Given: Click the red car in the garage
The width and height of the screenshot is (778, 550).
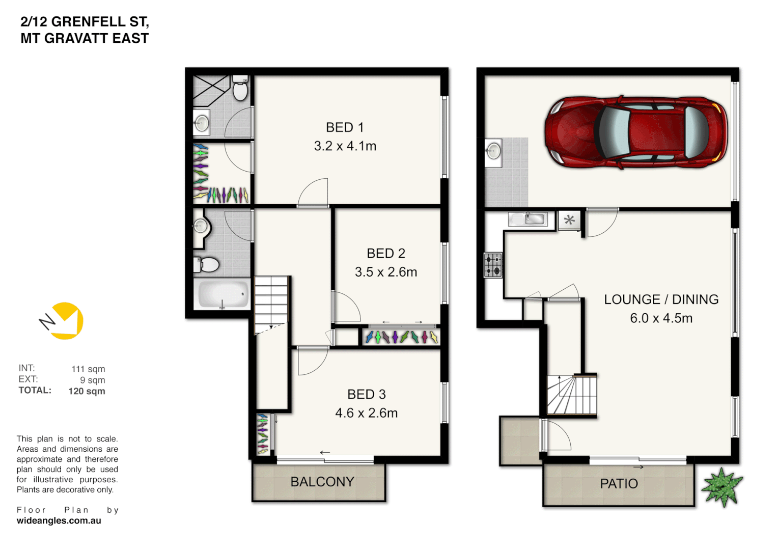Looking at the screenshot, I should (x=635, y=131).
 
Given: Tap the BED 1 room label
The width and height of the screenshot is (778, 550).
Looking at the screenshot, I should (x=345, y=127).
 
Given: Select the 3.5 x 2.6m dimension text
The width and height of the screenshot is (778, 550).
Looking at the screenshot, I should (x=385, y=272).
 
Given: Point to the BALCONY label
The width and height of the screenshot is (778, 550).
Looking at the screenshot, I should (x=322, y=482).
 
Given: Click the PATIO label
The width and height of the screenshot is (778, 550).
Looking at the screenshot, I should (x=619, y=484).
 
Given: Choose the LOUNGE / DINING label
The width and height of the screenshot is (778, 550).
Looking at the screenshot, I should (x=661, y=299).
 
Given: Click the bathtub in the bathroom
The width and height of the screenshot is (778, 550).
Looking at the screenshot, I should (x=223, y=294).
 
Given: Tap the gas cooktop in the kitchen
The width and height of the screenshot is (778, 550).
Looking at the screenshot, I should (x=492, y=265).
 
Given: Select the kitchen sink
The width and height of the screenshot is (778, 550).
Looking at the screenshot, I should (x=528, y=219).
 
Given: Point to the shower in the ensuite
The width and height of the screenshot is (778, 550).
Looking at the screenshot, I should (x=211, y=91).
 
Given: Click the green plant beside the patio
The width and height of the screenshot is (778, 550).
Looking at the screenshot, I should (x=722, y=487).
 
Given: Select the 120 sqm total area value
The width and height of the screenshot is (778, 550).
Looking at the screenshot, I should (x=87, y=391).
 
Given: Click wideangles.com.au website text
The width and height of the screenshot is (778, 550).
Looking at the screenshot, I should (x=59, y=521).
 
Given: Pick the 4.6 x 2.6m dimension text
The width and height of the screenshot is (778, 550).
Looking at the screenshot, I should (x=366, y=413).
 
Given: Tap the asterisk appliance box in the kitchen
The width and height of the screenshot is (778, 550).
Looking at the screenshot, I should (x=569, y=221).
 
